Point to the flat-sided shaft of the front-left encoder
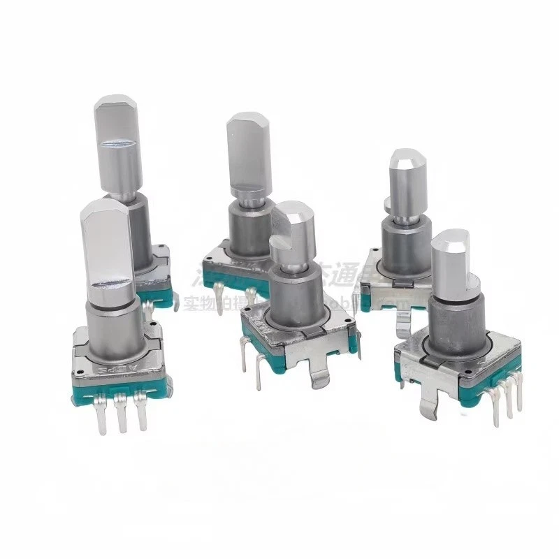coord(108,245)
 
